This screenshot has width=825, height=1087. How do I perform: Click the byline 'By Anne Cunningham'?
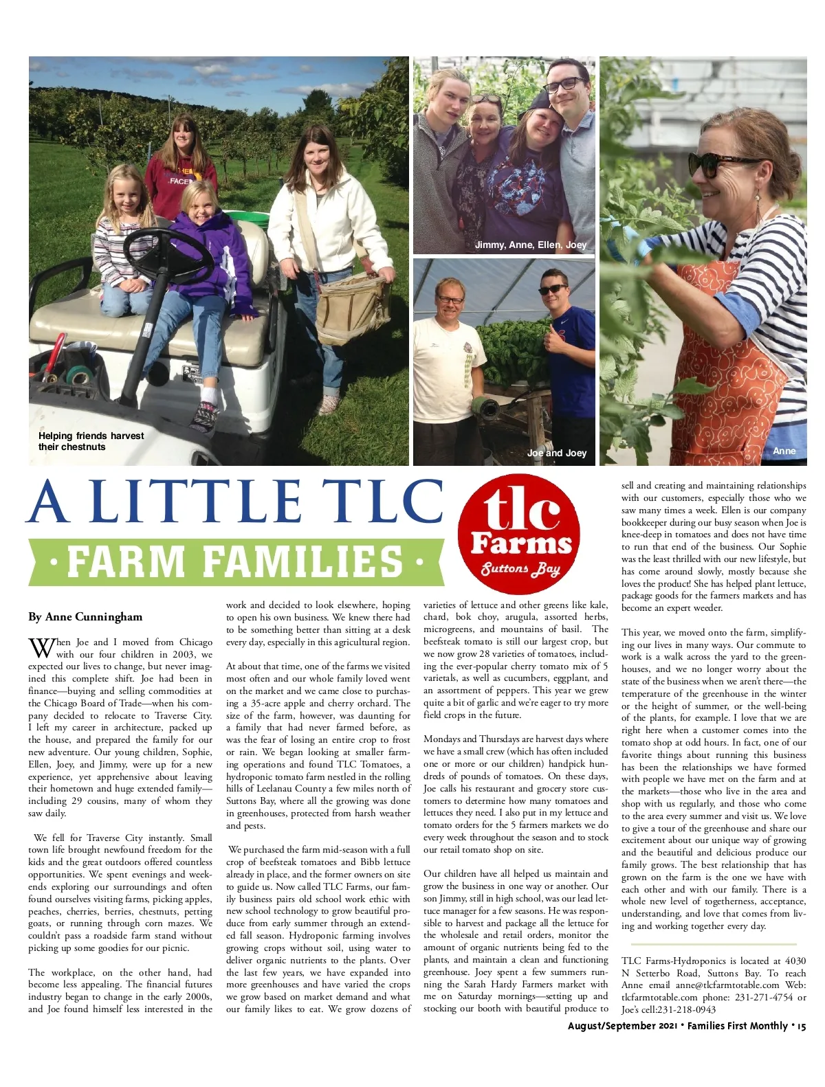pyautogui.click(x=85, y=616)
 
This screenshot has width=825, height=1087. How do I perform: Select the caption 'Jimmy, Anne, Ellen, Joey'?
pyautogui.click(x=531, y=245)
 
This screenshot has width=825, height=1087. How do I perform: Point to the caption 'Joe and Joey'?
pyautogui.click(x=556, y=453)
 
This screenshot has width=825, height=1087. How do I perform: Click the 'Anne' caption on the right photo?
pyautogui.click(x=784, y=451)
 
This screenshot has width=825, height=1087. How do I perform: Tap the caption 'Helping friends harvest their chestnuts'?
pyautogui.click(x=91, y=441)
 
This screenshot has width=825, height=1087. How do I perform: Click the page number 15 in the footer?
pyautogui.click(x=802, y=1026)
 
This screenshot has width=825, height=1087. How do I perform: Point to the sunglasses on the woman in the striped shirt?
pyautogui.click(x=721, y=165)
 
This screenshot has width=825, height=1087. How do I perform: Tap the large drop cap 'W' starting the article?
pyautogui.click(x=41, y=647)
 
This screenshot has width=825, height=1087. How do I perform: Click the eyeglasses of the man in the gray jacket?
pyautogui.click(x=565, y=85)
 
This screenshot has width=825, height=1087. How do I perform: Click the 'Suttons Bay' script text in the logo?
pyautogui.click(x=520, y=569)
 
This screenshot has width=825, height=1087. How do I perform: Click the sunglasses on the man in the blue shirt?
pyautogui.click(x=553, y=290)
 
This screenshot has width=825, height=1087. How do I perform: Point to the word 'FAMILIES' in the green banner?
pyautogui.click(x=302, y=561)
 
